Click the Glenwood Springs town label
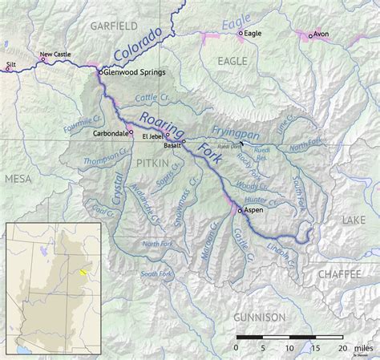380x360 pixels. (x=135, y=72)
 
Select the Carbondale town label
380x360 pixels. (x=111, y=133)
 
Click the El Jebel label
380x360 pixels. (x=152, y=136)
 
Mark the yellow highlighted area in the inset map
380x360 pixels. (x=82, y=272)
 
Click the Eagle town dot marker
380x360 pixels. (x=241, y=34)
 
